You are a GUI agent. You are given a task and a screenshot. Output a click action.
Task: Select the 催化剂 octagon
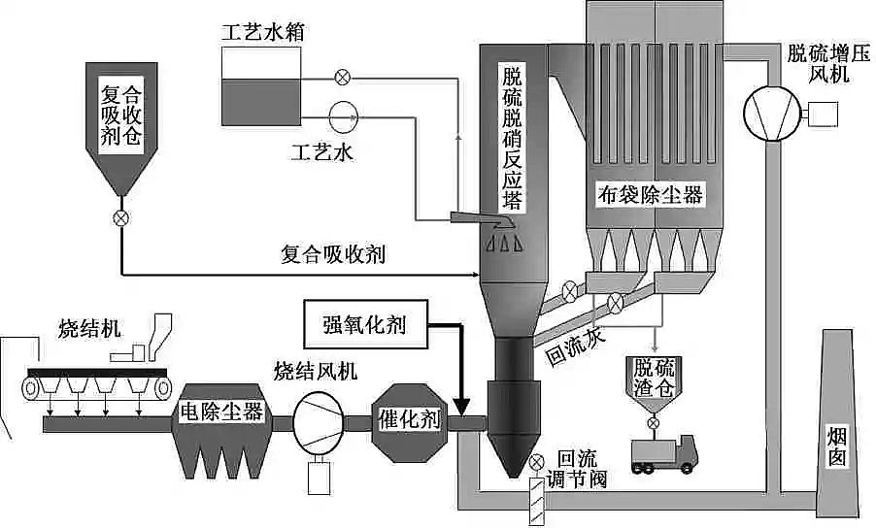click(x=407, y=419)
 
